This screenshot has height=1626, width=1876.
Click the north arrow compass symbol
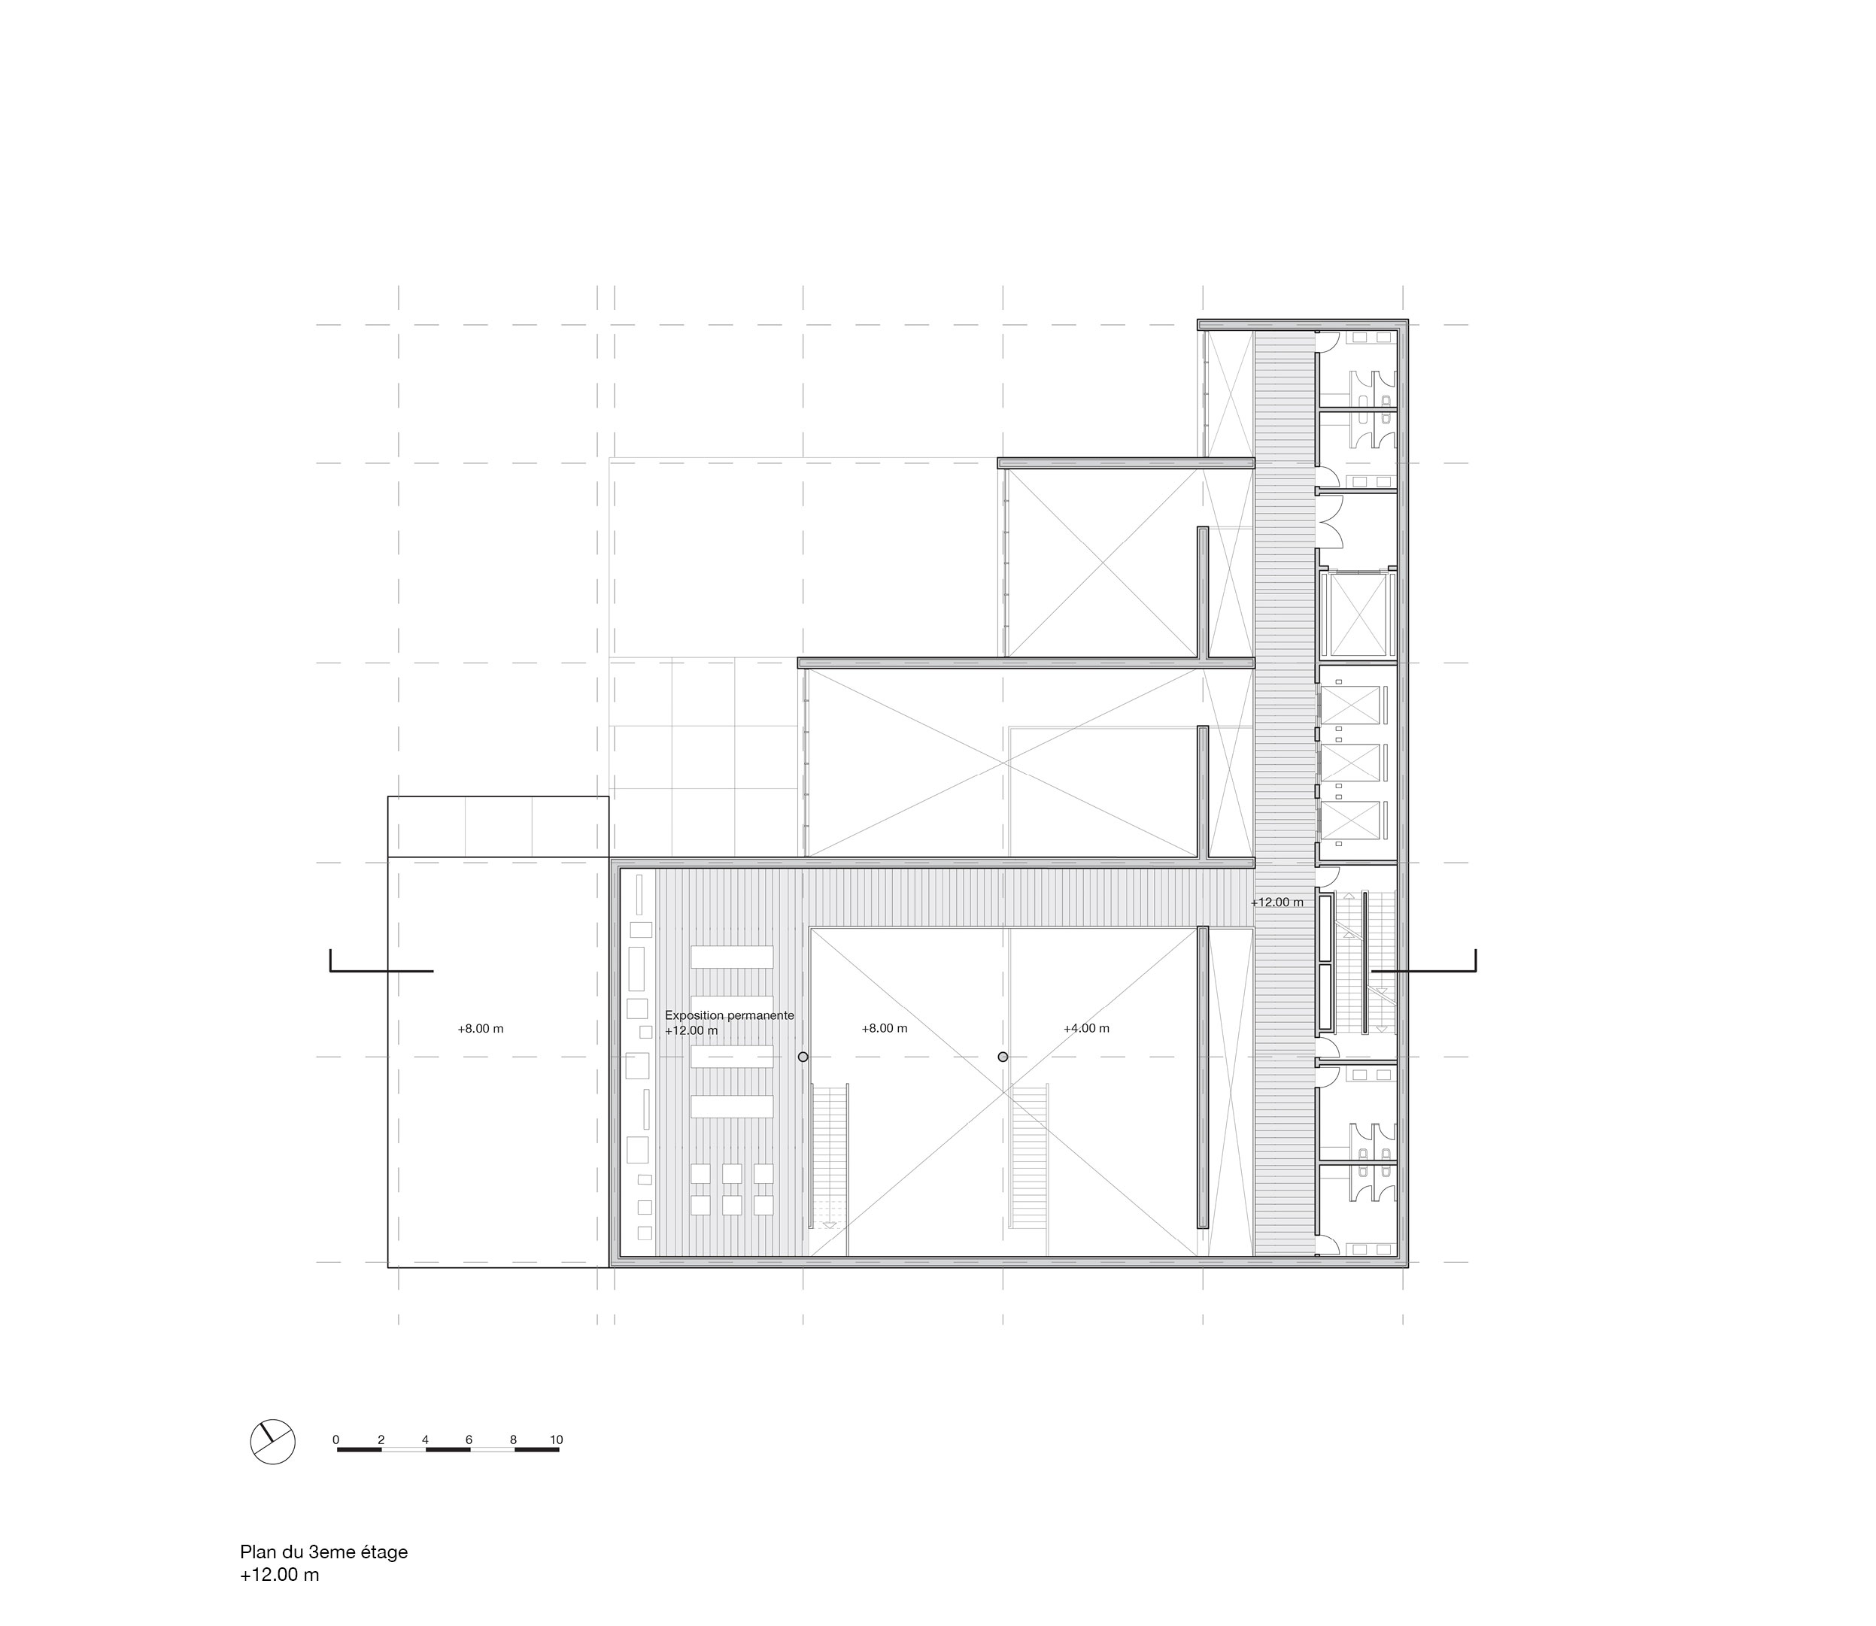[x=272, y=1440]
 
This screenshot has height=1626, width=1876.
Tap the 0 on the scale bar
[x=335, y=1440]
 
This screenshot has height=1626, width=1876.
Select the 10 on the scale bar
[x=557, y=1440]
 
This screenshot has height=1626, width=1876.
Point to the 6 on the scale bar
[x=469, y=1440]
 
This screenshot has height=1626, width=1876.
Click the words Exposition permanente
[x=730, y=1015]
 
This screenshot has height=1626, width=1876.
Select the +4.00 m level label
[x=1086, y=1028]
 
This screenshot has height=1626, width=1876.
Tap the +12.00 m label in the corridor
[x=1277, y=902]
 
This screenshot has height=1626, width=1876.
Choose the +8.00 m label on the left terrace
[x=480, y=1029]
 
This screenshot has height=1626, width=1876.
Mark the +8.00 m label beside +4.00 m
[x=884, y=1028]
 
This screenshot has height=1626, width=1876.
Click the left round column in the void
[x=803, y=1056]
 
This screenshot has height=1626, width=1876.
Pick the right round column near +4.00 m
[x=1003, y=1056]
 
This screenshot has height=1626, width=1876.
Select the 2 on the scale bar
[x=381, y=1440]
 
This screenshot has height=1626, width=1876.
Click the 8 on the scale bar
[x=514, y=1440]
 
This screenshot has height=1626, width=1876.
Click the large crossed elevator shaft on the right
[x=1357, y=614]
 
